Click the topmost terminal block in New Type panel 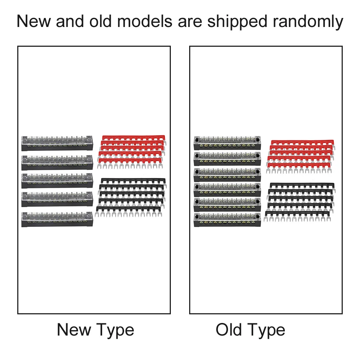pos(57,143)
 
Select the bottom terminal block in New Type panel pos(57,219)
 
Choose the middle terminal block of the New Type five pos(57,181)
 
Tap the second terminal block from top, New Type pos(57,163)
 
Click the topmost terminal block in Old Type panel pos(227,143)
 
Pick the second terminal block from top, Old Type pos(227,158)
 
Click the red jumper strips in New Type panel pos(132,151)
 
